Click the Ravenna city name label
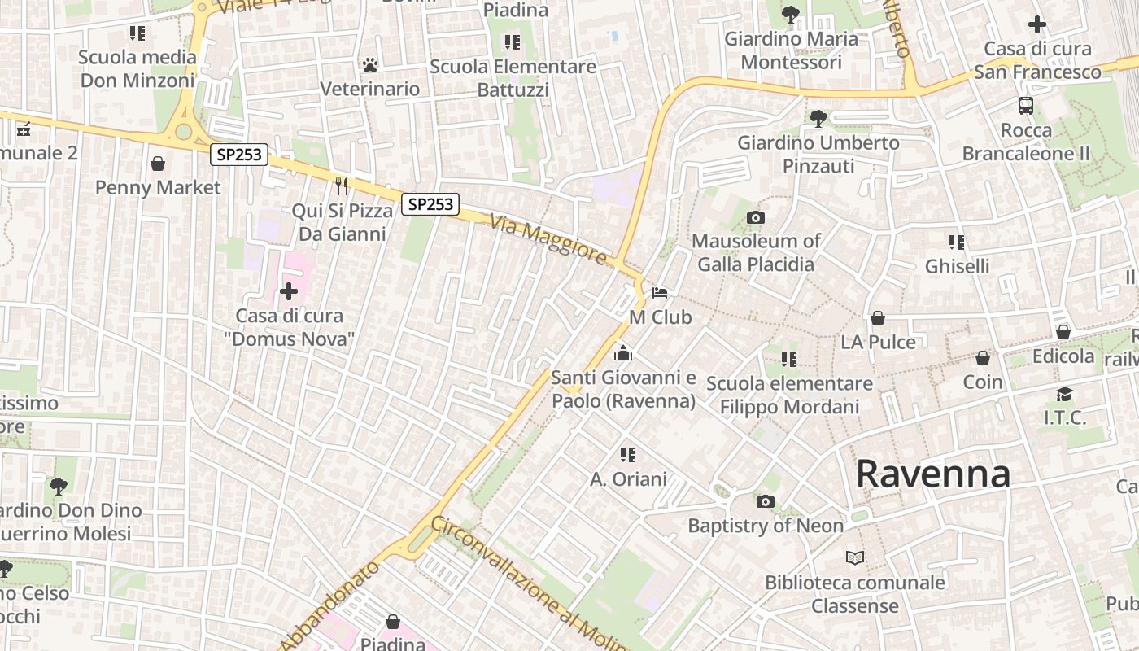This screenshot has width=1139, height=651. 932,474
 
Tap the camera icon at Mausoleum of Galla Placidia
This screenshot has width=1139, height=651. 756,217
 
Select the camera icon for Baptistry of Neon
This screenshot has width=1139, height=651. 766,502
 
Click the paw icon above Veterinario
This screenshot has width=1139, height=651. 370,64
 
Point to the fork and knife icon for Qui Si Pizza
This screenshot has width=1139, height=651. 342,186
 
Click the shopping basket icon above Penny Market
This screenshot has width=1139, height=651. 158,164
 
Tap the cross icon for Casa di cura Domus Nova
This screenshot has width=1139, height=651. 289,291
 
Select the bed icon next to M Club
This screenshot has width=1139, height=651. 660,293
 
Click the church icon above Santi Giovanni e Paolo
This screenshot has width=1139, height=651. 623,353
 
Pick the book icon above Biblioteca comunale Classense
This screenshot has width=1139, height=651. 854,558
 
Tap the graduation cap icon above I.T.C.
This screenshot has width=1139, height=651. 1064,395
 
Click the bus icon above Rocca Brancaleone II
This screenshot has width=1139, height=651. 1026,105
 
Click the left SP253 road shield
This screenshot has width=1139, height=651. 239,155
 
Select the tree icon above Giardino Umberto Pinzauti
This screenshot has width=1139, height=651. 818,119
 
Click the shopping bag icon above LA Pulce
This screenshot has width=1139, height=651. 878,318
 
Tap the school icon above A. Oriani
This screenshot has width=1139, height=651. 627,455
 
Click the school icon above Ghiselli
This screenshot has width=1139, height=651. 957,242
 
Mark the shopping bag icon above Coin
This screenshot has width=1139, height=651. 983,358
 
